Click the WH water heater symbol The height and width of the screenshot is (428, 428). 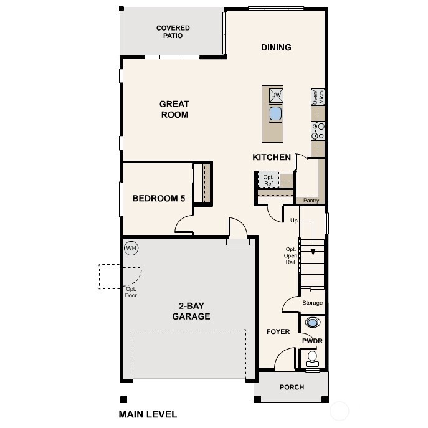click(x=131, y=248)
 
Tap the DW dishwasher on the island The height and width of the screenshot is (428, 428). click(x=275, y=95)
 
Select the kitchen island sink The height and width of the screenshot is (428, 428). click(x=275, y=113)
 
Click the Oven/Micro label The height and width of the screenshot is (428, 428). click(x=318, y=97)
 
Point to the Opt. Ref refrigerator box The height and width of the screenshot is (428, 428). click(x=269, y=180)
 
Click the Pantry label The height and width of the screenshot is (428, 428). click(x=311, y=201)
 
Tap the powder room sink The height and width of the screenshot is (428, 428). click(x=312, y=323)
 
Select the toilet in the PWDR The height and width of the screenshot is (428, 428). click(x=312, y=358)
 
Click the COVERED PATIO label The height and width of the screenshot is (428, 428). click(x=173, y=32)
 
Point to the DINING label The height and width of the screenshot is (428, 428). click(x=276, y=47)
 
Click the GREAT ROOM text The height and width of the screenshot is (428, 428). click(x=174, y=109)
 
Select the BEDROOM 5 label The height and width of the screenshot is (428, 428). click(x=159, y=199)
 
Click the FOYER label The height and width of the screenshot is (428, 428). click(x=278, y=331)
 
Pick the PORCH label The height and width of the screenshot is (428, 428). click(x=292, y=387)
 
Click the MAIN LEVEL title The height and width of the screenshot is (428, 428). click(x=148, y=414)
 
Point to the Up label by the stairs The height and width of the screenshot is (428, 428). click(x=294, y=221)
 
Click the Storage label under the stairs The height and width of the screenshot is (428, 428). click(x=312, y=303)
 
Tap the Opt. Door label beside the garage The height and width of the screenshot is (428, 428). click(x=131, y=292)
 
